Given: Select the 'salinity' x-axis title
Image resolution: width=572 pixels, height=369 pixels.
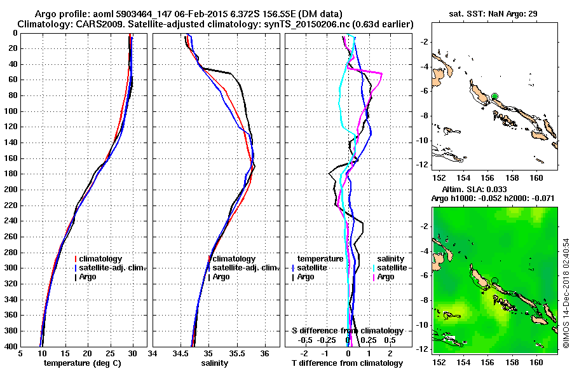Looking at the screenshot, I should [x=216, y=363].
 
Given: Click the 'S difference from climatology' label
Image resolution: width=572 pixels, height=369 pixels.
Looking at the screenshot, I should [x=348, y=331].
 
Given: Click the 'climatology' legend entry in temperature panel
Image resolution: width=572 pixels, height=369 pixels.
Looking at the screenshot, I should [x=102, y=259].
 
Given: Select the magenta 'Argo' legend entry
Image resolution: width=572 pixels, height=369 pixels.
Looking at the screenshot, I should [x=385, y=277].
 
